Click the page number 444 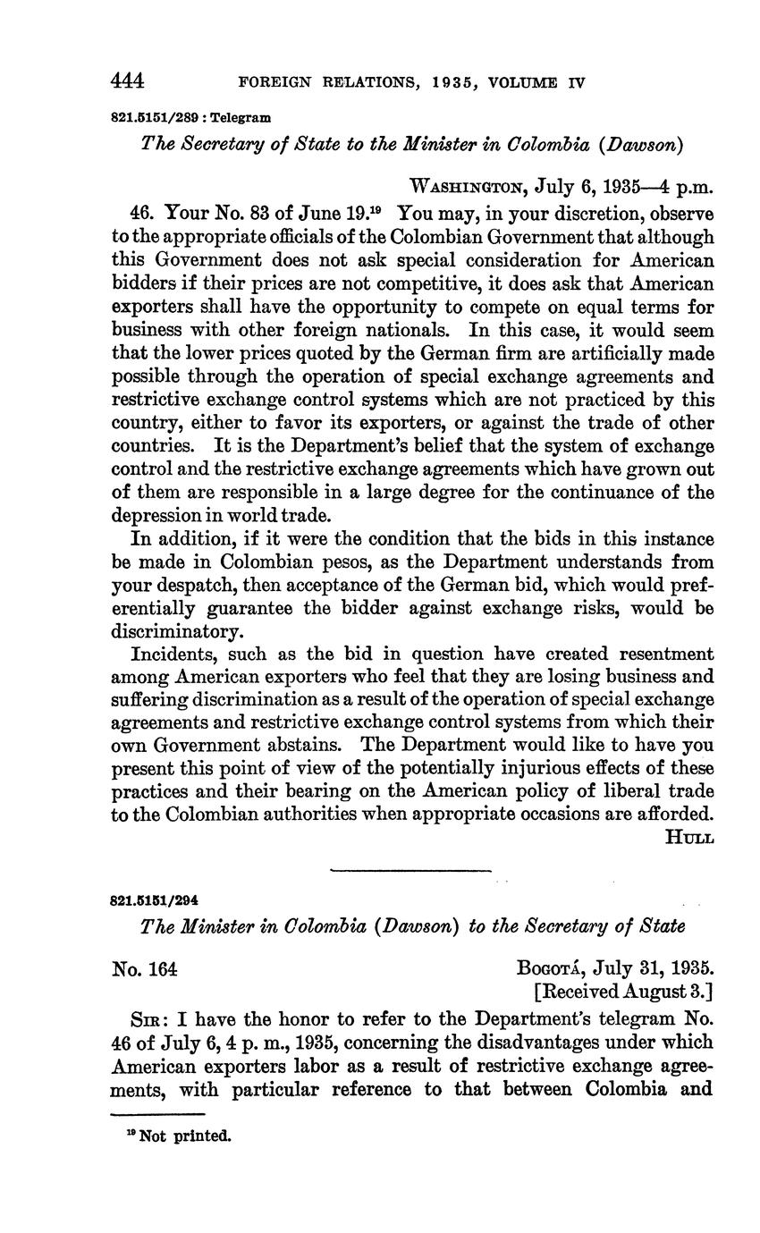point(128,81)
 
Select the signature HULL point(689,837)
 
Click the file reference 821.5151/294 point(153,900)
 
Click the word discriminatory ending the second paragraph point(176,632)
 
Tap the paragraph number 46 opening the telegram point(141,214)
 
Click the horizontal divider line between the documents point(410,869)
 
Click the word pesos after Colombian point(322,562)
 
